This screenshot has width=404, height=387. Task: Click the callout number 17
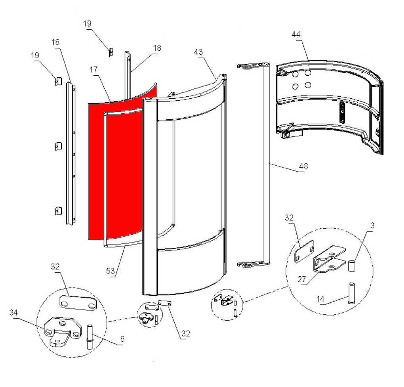point(94,69)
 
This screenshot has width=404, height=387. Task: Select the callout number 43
point(198,52)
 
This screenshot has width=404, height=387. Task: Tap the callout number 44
point(296,34)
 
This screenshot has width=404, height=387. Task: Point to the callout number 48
point(304,166)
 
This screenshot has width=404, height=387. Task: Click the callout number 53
point(110,271)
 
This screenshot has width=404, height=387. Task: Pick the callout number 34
point(13,312)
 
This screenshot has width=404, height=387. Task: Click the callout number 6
point(122,339)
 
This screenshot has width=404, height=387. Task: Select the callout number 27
point(302,280)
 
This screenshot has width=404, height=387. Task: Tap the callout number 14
point(320,299)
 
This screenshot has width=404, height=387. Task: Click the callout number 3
point(372,226)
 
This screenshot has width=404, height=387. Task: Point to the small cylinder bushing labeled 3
point(352,266)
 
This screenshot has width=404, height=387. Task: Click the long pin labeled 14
point(352,293)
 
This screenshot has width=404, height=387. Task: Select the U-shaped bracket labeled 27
point(329,259)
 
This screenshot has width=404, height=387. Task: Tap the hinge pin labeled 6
point(90,337)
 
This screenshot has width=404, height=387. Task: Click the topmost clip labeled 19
point(111,52)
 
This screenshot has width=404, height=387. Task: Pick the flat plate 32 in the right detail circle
point(304,251)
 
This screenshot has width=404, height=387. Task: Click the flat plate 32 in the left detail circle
point(78,303)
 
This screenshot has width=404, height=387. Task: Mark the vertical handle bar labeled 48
point(253,165)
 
